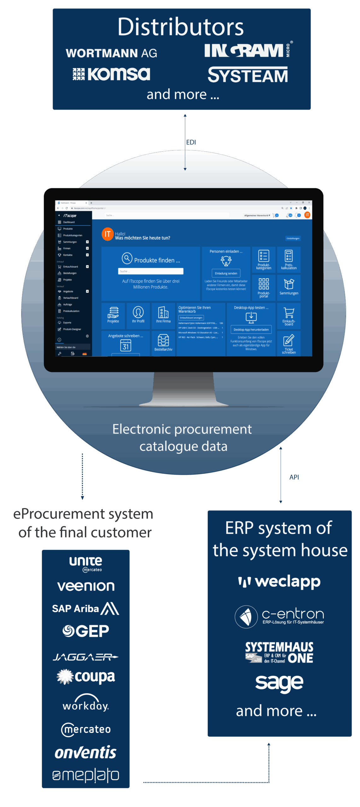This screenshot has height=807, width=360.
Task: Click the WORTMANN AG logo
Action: point(111,53)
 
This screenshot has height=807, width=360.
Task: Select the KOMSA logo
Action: point(111,74)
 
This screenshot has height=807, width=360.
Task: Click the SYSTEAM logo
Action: point(248,75)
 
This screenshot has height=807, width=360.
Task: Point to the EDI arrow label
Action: point(191,142)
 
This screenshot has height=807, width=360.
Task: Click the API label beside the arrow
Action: point(294,477)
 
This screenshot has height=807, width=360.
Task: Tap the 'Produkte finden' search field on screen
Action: point(151,271)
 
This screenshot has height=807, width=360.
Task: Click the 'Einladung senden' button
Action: point(226,273)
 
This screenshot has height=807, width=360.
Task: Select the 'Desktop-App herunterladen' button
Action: point(251,329)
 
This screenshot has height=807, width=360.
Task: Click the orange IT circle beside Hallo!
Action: point(107,234)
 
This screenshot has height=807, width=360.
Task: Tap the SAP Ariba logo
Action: point(85,608)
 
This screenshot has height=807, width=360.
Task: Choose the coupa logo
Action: point(85,677)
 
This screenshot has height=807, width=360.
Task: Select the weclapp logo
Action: point(279,582)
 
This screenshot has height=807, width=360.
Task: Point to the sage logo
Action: point(279,683)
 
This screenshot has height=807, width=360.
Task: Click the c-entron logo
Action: point(279,617)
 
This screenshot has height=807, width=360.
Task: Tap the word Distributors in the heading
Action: point(181,27)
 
